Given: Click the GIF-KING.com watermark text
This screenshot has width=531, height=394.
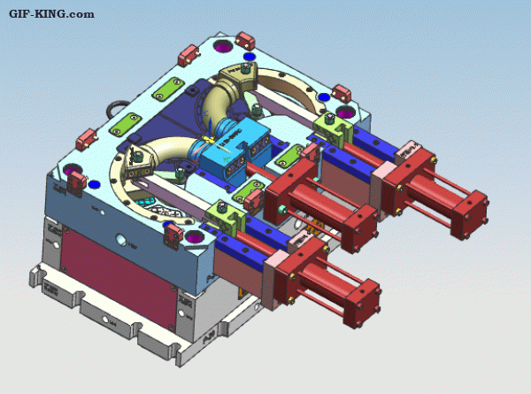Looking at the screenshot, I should [51, 14].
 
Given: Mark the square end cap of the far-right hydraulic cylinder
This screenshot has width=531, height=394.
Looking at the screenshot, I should [469, 213].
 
